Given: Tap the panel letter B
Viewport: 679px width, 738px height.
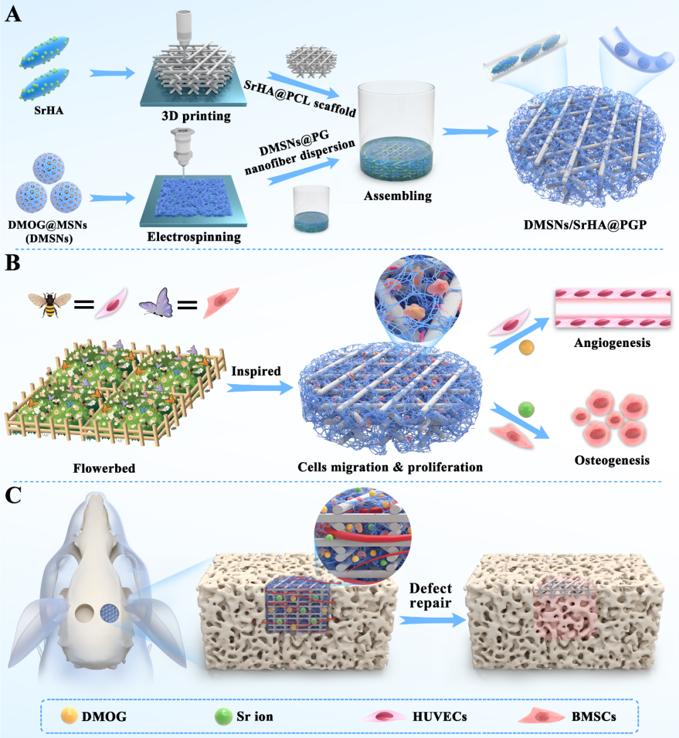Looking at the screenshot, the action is (13, 263).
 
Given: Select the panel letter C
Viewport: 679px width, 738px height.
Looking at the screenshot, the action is (13, 495).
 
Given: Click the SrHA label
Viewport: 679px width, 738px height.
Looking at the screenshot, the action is (48, 110).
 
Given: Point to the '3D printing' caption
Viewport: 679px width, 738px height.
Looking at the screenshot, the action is (196, 116).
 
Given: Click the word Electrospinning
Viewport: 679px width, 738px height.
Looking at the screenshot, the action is (194, 236).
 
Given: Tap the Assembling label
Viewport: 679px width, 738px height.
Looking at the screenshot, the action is (398, 196).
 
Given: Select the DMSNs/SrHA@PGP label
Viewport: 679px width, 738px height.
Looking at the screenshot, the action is (585, 224).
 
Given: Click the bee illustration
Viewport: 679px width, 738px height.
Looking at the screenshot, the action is (50, 304).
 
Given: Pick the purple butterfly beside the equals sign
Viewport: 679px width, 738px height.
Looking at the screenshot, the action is (156, 303).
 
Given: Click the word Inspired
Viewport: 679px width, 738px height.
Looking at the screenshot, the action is (256, 372).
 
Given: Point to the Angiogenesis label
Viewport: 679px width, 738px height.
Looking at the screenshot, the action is (612, 343).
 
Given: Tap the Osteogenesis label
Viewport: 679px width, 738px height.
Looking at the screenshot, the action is (612, 460).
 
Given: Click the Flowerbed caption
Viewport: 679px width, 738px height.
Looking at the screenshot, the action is (104, 468).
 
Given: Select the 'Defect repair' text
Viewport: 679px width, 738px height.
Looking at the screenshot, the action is (431, 595).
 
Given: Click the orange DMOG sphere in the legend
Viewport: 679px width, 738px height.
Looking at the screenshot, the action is (69, 715).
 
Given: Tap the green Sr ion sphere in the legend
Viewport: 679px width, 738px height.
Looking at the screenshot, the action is (223, 717).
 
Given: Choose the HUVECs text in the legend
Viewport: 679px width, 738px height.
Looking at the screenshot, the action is (440, 717).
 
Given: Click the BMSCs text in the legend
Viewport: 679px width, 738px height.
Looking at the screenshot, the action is (593, 717).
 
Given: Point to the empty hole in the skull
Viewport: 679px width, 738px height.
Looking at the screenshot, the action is (85, 614).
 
